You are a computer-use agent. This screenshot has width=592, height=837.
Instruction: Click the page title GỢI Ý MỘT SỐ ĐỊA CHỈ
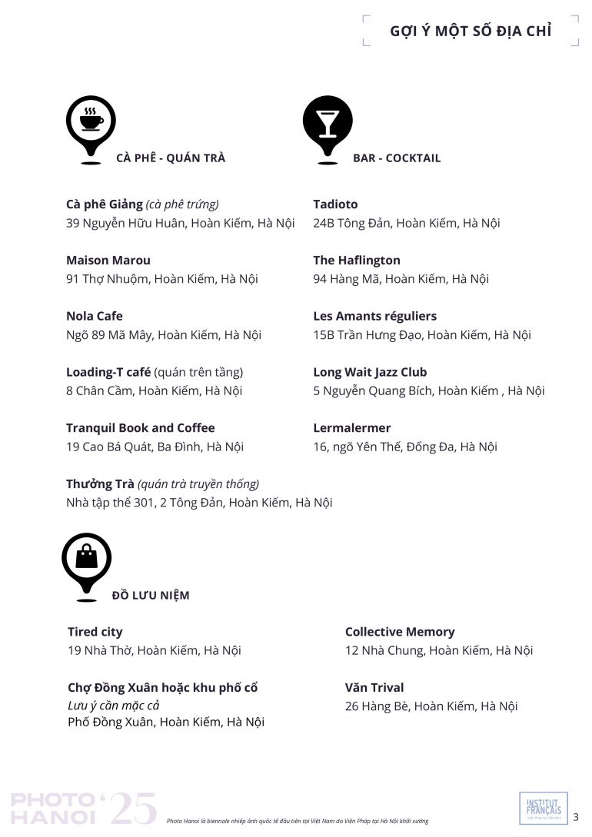click(x=471, y=31)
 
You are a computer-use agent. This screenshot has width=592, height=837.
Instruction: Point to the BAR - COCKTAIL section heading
click(x=397, y=158)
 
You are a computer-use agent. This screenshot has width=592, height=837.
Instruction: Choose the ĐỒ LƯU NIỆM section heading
click(x=151, y=595)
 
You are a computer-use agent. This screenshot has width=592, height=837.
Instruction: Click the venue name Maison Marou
click(x=108, y=261)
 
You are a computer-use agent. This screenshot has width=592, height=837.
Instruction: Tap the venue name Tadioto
click(x=335, y=204)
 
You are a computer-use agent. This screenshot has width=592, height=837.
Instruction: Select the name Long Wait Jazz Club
click(x=370, y=372)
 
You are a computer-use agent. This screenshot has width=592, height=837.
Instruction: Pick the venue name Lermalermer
click(x=352, y=428)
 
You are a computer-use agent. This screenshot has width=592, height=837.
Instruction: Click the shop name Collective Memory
click(x=400, y=632)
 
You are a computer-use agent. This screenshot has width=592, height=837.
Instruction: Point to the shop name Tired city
click(x=95, y=632)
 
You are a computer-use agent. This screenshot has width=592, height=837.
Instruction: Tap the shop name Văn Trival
click(x=374, y=687)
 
